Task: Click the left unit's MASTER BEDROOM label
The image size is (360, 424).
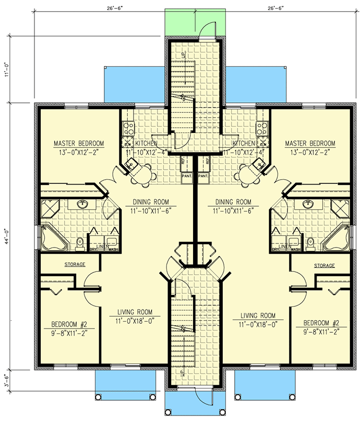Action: pyautogui.click(x=78, y=144)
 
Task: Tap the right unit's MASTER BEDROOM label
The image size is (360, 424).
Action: pyautogui.click(x=310, y=144)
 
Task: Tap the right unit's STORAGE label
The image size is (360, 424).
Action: pyautogui.click(x=324, y=266)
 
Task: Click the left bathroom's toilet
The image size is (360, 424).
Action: pyautogui.click(x=80, y=243)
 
